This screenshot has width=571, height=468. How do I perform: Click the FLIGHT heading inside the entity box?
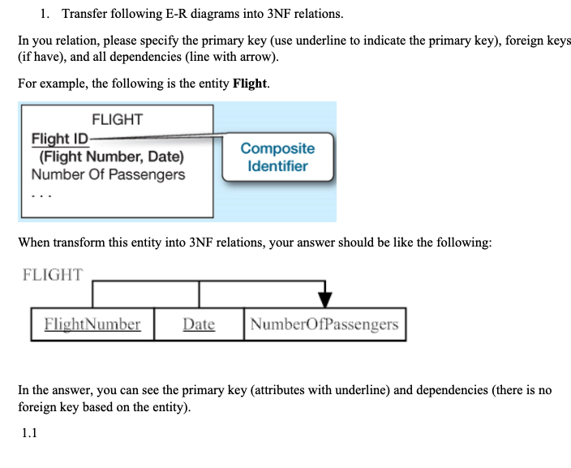[117, 119]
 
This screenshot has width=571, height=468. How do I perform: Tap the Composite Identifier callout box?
[277, 157]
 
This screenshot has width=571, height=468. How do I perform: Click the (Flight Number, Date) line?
[111, 157]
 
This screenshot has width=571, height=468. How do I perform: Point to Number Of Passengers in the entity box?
[108, 174]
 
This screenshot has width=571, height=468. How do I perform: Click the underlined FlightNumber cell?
[92, 324]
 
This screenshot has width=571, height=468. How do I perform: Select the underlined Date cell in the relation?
[199, 324]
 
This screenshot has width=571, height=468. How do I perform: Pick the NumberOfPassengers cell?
[324, 324]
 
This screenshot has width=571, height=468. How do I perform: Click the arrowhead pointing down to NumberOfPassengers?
[324, 295]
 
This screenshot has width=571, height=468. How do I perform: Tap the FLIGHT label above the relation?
[53, 274]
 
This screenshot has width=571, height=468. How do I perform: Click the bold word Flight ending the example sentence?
[250, 84]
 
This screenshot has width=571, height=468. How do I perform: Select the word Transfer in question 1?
[87, 14]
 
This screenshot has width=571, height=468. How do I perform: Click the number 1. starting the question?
[45, 14]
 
